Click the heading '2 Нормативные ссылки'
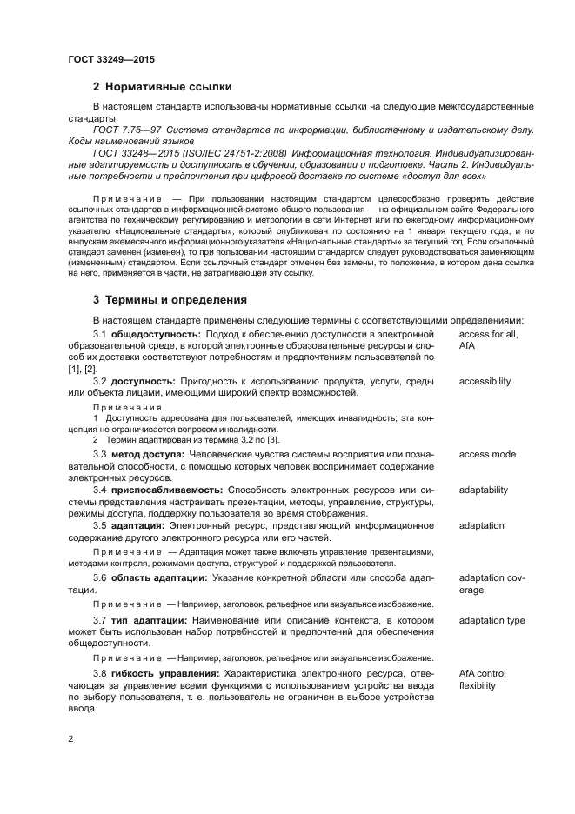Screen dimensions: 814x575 coord(162,86)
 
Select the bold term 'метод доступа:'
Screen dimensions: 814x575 coord(147,454)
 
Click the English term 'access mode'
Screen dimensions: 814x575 coord(487,454)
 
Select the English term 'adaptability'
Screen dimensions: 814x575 coord(483,490)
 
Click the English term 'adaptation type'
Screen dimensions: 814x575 coord(491,620)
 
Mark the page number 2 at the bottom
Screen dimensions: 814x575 coord(71,738)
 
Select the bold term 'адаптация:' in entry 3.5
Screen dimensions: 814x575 coord(138,525)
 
